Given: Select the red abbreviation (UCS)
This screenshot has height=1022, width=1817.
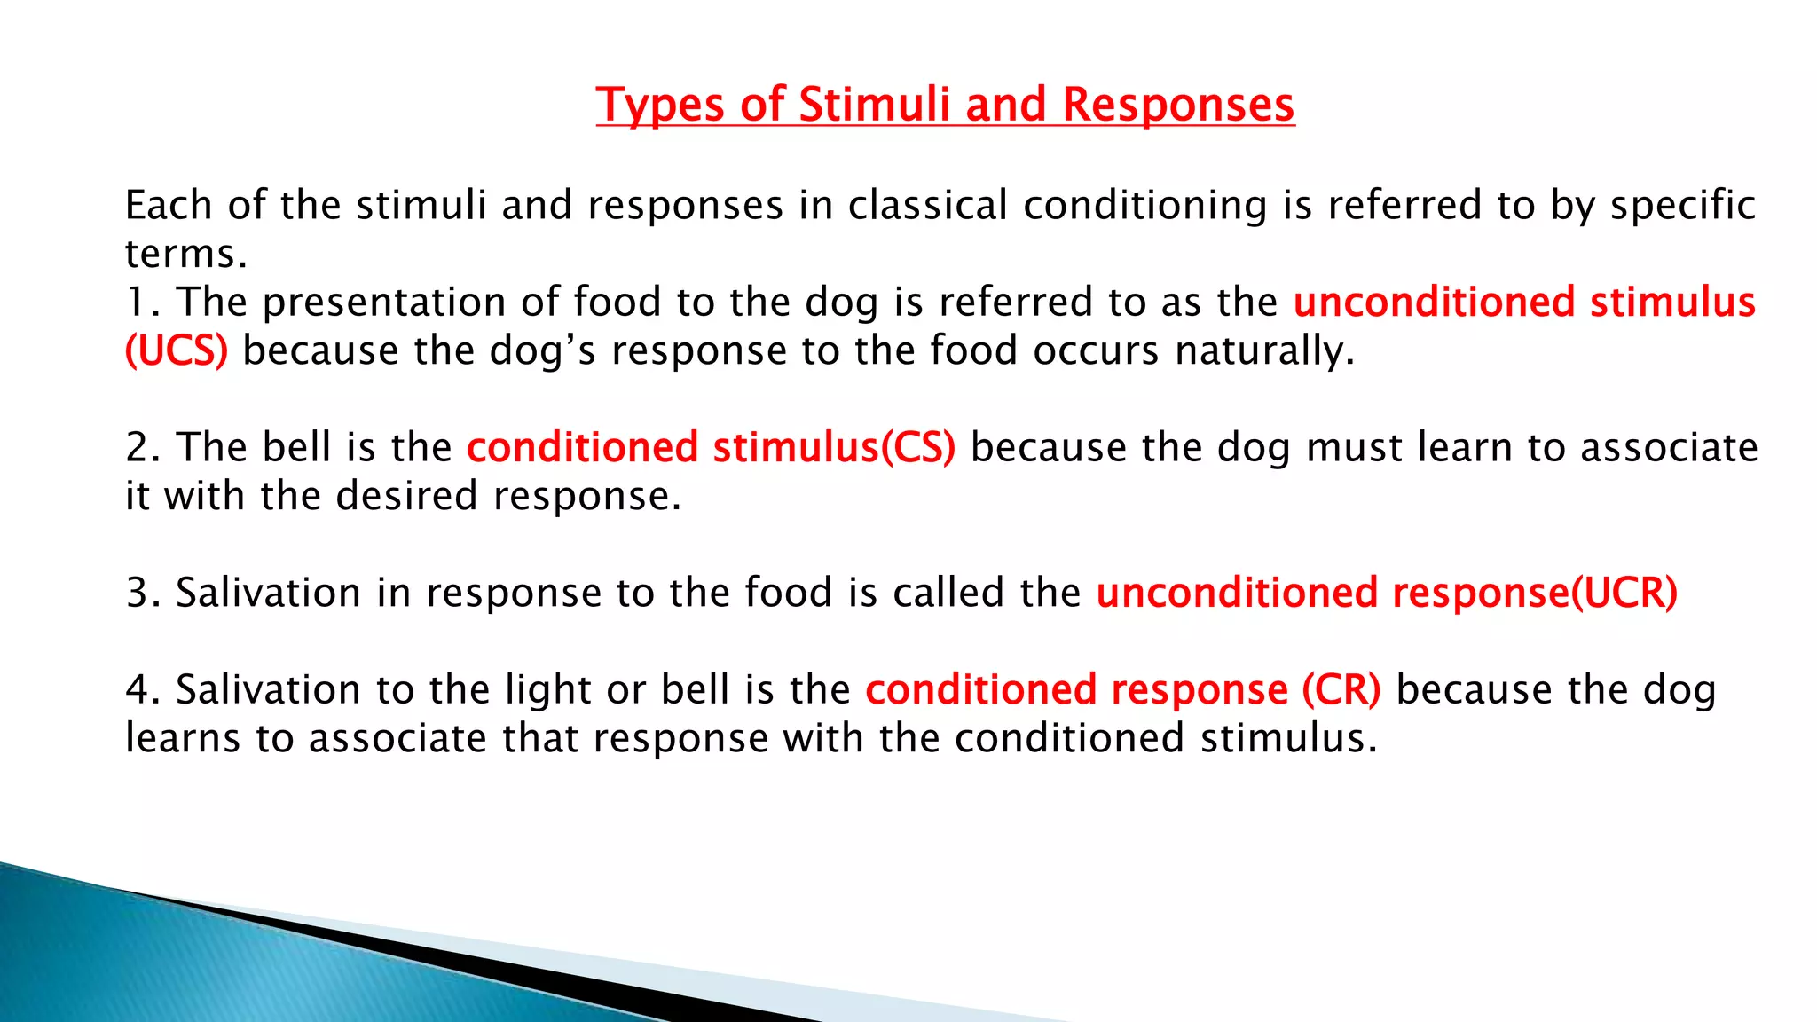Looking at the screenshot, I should point(177,351).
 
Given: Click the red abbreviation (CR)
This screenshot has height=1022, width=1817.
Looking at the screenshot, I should point(1341,690).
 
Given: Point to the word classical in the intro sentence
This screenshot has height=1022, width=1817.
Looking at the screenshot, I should point(927,206).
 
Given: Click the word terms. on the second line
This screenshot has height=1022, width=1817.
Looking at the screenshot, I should point(185,255).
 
